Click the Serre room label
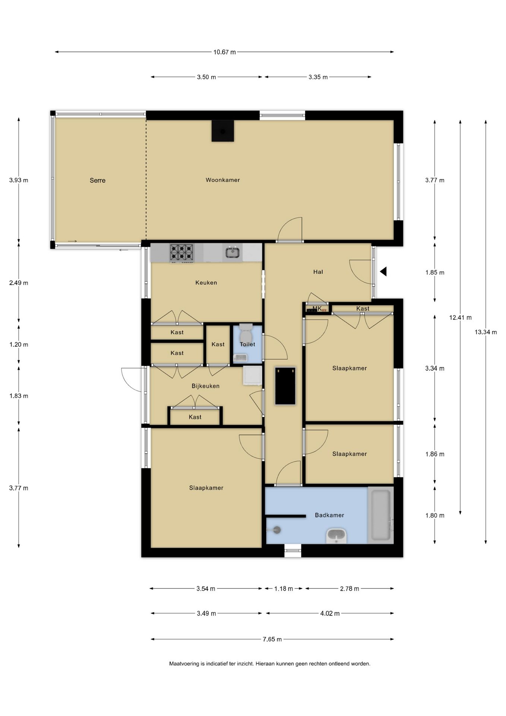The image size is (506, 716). point(98,180)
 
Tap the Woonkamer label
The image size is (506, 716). point(223,180)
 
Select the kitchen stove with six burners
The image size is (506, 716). point(182,252)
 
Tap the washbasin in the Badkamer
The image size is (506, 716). point(337,536)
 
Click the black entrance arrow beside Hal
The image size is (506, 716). point(383,272)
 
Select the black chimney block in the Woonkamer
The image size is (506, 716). point(223,131)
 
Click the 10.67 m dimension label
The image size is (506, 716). point(224,52)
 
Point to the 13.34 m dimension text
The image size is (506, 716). point(486,332)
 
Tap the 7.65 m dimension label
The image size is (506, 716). point(272,639)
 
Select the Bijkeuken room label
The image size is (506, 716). point(206,386)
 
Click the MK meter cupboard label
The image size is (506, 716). point(317,308)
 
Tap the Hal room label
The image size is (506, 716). point(318,272)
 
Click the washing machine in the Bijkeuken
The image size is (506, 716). point(253,376)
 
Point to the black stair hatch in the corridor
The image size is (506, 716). point(285,386)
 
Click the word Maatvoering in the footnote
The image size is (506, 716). point(184,664)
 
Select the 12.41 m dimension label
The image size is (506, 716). point(460,318)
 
